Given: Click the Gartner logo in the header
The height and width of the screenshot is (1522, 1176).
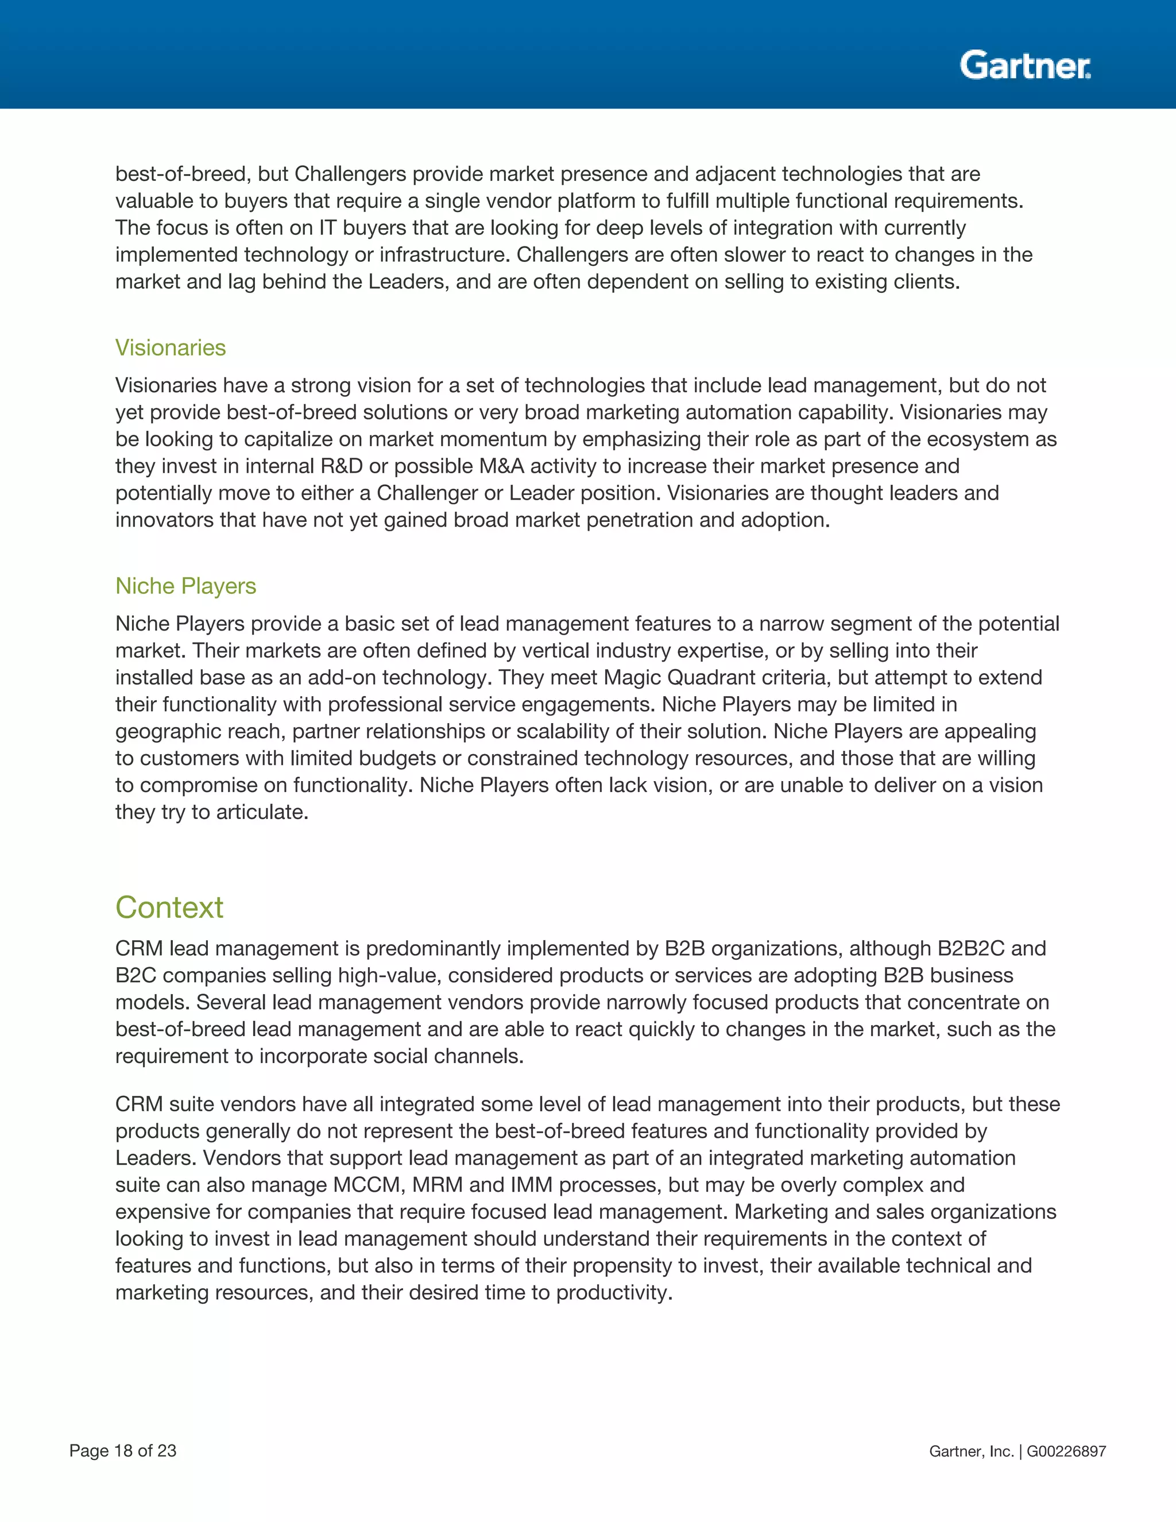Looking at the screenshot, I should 1025,65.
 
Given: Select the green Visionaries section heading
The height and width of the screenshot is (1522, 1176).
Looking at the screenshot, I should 171,347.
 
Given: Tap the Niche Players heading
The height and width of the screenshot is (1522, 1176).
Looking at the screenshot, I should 185,586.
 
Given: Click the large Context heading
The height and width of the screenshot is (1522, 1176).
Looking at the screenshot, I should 169,907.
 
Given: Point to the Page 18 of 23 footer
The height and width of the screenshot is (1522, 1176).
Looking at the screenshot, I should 123,1451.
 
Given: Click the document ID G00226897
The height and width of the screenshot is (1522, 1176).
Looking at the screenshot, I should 1066,1451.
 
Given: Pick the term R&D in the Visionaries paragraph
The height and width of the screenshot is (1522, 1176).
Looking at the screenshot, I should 342,466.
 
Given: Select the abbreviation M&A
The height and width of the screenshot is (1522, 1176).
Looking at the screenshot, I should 502,466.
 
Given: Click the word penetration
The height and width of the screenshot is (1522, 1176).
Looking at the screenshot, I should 640,520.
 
